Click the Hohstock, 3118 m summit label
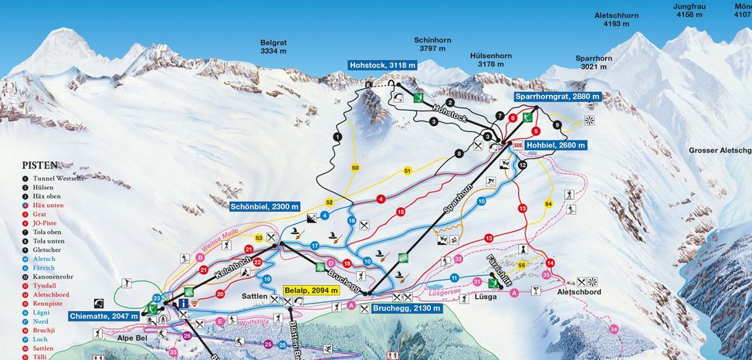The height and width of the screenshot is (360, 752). (x=383, y=66)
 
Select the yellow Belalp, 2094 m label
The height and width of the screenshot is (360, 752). (x=311, y=290)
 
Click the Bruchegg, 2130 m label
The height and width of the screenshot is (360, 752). (x=407, y=308)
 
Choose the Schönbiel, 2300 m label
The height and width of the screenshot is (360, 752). (x=263, y=206)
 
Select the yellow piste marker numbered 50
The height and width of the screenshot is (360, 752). (x=355, y=168)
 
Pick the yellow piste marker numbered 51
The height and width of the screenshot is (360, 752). (x=408, y=170)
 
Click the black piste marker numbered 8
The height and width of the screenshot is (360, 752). (x=459, y=154)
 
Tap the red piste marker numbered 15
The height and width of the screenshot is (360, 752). (x=400, y=212)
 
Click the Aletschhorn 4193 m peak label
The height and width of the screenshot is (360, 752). (x=616, y=19)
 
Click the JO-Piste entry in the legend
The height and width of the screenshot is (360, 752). (x=47, y=221)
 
